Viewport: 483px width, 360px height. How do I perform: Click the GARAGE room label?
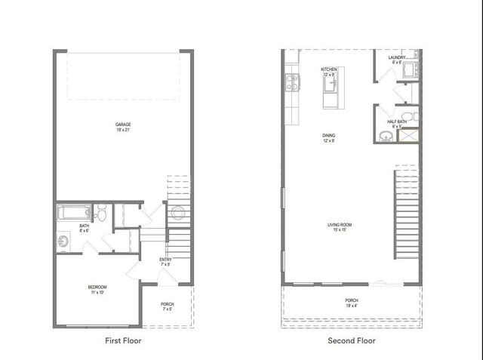point(122,124)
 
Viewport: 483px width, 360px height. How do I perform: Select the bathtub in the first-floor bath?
point(73,213)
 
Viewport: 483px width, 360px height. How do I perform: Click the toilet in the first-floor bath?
point(101,212)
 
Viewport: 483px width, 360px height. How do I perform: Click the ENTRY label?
point(165,260)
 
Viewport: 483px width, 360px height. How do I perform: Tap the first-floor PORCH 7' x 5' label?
point(168,306)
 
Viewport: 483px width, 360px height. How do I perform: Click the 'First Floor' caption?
point(122,341)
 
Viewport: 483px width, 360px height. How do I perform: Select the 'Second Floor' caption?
point(351,341)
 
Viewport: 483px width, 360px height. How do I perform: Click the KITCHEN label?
point(329,69)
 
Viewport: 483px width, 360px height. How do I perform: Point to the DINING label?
point(329,137)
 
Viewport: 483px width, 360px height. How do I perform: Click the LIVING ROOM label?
point(340,225)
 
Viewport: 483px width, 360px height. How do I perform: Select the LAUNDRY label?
point(397,58)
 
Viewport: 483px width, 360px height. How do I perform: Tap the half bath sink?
point(386,136)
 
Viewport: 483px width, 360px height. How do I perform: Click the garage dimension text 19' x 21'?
point(122,130)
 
